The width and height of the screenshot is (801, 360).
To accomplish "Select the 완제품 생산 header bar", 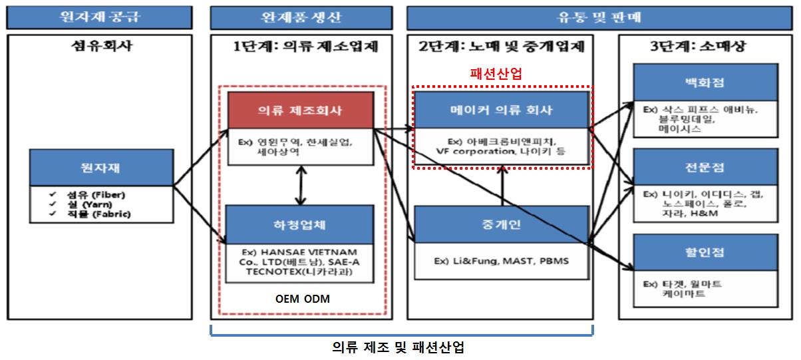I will point(300,16).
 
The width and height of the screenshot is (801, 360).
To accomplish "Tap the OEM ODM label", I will point(302,299).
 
